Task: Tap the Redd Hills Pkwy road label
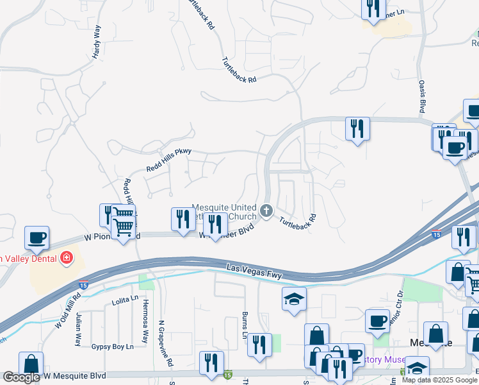coord(169,159)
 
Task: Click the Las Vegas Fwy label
coord(255,271)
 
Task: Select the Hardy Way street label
coord(97,42)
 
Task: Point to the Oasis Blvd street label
coord(422,96)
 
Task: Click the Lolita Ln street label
coord(125,299)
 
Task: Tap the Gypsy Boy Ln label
coord(112,346)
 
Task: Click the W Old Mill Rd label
coord(67,310)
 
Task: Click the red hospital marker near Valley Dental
coord(65,259)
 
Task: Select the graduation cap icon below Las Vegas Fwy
coord(294,298)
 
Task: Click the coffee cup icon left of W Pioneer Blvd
coord(37,238)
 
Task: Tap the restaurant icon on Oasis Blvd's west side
coord(357,128)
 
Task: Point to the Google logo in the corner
coord(21,377)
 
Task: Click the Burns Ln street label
coord(245,325)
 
